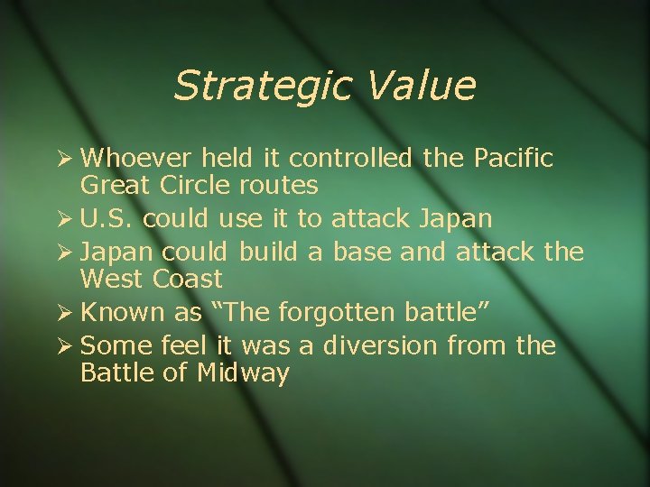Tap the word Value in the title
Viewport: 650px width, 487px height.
coord(422,87)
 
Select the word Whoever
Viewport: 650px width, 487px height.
coord(136,159)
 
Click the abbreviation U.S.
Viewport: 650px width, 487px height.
coord(107,219)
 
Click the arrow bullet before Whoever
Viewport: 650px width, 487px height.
coord(65,160)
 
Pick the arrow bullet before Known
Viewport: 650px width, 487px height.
coord(65,314)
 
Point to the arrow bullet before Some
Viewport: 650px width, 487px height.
coord(65,346)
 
